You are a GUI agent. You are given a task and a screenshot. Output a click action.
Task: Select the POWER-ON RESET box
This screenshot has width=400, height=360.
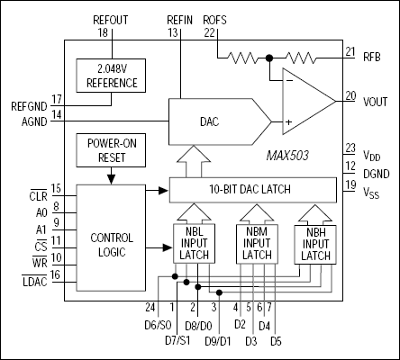click(x=111, y=149)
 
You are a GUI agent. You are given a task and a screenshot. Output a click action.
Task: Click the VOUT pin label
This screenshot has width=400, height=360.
click(x=375, y=101)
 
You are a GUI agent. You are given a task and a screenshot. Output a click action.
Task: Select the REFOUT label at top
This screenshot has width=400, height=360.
click(x=113, y=18)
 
